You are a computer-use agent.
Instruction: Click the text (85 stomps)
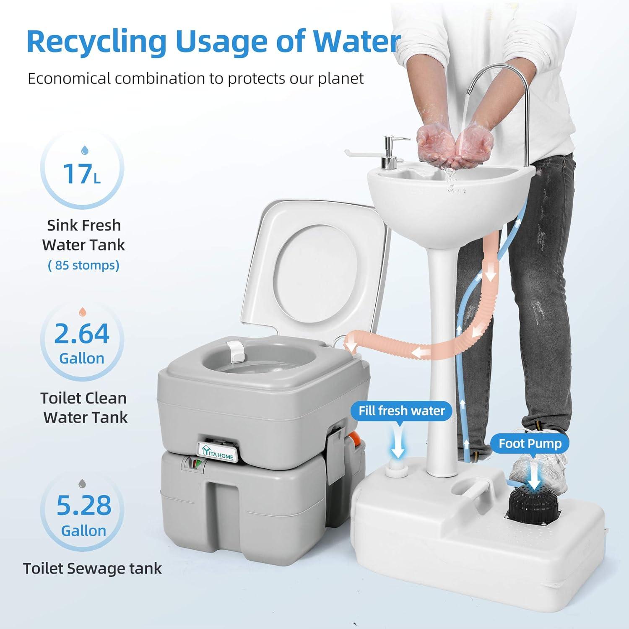click(x=84, y=265)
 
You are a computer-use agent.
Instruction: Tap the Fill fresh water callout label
click(x=402, y=411)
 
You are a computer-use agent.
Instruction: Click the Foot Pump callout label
click(x=530, y=443)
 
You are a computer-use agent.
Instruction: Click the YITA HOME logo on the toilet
click(x=218, y=453)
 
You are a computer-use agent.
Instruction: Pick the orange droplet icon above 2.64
click(x=83, y=312)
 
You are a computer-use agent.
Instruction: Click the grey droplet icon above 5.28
click(x=84, y=483)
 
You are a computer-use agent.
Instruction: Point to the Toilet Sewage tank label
click(x=92, y=568)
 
